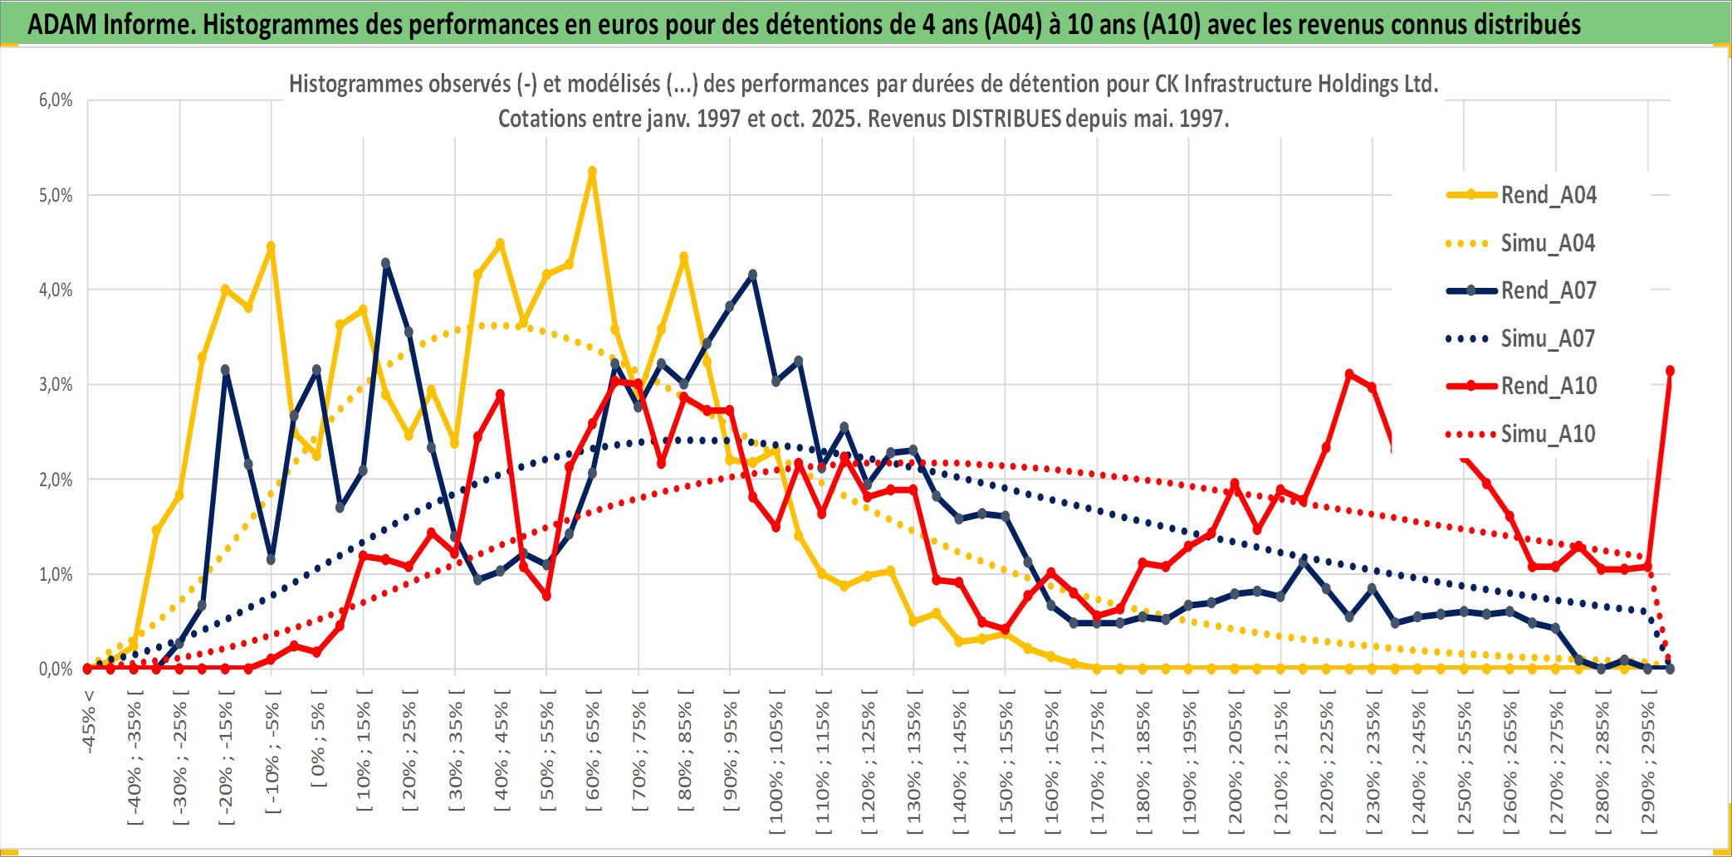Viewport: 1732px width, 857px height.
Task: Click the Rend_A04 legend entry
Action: [1548, 195]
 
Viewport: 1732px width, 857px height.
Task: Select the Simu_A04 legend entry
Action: [1548, 243]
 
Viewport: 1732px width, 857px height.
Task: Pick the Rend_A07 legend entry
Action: [1548, 290]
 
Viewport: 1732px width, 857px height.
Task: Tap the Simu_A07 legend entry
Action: [1548, 338]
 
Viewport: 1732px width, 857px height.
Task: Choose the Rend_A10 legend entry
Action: [1548, 386]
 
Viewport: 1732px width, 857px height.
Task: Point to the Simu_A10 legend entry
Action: [1548, 434]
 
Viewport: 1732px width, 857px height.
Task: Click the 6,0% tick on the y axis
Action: [56, 100]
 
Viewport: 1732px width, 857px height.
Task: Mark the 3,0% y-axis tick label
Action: [56, 385]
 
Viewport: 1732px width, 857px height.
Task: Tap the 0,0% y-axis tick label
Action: [56, 670]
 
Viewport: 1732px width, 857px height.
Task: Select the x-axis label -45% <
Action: [89, 722]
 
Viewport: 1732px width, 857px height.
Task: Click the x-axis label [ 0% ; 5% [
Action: [319, 738]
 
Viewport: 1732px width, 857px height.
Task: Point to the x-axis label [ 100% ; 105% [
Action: [777, 763]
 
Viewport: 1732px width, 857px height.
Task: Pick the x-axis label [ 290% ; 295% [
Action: [1648, 763]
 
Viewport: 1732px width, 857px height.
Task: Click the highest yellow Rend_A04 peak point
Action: [592, 172]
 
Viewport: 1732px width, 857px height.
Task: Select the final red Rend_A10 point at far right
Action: [1670, 371]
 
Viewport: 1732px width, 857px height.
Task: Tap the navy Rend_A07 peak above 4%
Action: [386, 263]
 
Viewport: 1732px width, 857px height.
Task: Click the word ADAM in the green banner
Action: [62, 25]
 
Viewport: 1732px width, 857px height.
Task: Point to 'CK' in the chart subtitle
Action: [1167, 84]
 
